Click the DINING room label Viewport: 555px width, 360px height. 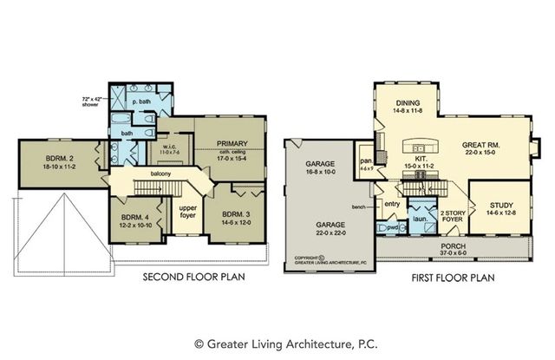tap(407, 102)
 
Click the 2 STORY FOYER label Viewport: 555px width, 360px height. tap(449, 216)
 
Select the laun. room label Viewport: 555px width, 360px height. tap(417, 219)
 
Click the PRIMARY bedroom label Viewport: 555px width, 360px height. tap(232, 144)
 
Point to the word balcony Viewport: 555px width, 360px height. tap(160, 173)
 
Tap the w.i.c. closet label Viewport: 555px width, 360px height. tap(170, 146)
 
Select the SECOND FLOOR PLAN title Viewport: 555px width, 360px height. tap(193, 278)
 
